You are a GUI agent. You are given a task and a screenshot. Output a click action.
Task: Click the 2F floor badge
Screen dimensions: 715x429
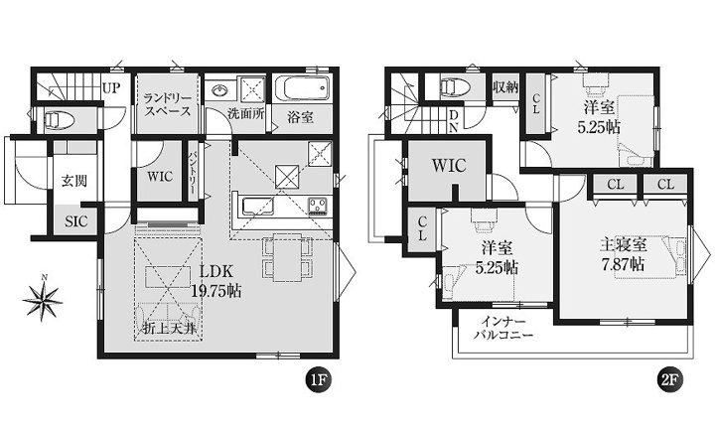click(x=669, y=379)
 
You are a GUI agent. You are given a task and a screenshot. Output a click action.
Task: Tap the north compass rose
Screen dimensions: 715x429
click(x=43, y=298)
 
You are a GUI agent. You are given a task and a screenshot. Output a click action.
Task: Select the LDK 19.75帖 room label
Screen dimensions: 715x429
click(x=215, y=281)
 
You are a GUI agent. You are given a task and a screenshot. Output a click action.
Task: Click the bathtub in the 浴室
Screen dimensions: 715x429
click(x=302, y=87)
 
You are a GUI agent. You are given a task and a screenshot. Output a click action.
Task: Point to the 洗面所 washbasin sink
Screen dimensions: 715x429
click(x=220, y=89)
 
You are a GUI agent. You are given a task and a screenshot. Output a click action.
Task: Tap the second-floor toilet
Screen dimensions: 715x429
click(x=455, y=86)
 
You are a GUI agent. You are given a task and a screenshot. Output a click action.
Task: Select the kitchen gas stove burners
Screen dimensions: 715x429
click(x=319, y=206)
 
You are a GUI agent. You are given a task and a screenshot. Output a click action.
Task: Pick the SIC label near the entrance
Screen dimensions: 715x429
click(x=75, y=222)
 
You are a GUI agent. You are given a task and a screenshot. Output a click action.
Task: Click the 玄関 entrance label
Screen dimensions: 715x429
click(x=73, y=181)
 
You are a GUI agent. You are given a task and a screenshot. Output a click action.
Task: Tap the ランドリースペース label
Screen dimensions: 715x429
click(x=167, y=105)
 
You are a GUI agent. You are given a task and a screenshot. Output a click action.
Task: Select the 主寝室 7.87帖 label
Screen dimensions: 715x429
click(x=623, y=255)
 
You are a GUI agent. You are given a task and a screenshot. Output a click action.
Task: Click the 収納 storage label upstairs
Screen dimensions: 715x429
click(x=505, y=87)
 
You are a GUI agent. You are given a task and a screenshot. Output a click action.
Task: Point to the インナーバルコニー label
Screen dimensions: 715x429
click(x=503, y=329)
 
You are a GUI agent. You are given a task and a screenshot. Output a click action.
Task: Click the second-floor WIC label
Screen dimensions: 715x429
click(x=449, y=166)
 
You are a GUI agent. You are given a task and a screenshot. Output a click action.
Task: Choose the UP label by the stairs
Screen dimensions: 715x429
click(x=111, y=88)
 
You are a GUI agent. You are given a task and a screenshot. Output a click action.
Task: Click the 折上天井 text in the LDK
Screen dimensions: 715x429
click(x=169, y=329)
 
